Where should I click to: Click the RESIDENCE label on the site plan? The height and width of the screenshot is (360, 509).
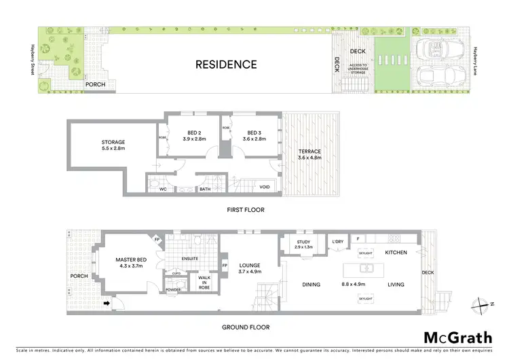[226, 65]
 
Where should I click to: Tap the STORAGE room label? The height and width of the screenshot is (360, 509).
[113, 142]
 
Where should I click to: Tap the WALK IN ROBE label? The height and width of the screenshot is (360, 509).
[204, 281]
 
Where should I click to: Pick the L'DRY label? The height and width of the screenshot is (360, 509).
[337, 242]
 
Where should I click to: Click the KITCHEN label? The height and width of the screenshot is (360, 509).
[396, 252]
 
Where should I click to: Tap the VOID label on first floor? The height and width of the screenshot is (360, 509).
[265, 187]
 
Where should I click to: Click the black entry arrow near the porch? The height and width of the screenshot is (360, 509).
[107, 303]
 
